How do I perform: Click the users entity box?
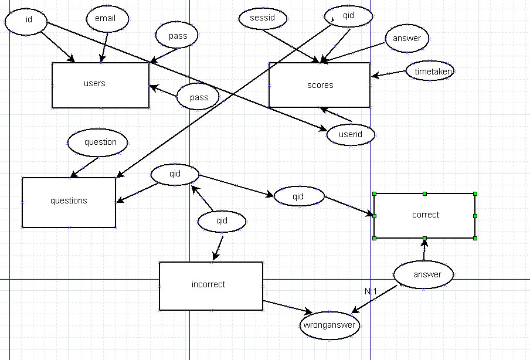click(100, 85)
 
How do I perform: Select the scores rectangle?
click(320, 85)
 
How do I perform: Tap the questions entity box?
click(69, 202)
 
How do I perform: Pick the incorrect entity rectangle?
click(210, 286)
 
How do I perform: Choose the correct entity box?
click(424, 215)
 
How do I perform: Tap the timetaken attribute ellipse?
click(430, 71)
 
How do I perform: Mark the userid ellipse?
click(351, 134)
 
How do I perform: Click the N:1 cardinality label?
click(371, 291)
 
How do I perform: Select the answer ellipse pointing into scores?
click(407, 39)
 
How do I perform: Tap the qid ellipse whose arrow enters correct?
click(298, 196)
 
